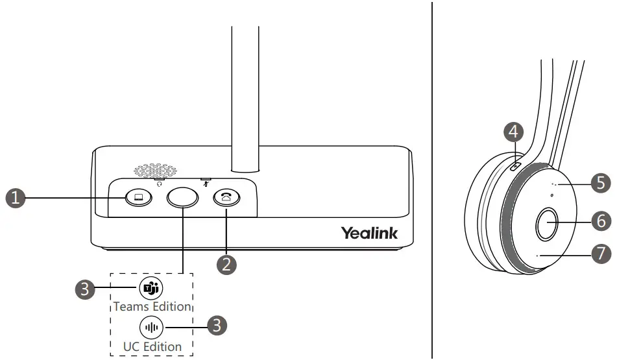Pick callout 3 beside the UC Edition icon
coord(219,326)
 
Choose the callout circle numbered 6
coord(601,221)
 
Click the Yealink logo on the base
coord(369,232)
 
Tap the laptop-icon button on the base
coord(137,198)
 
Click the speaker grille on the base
coord(156,171)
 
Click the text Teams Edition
coord(152,306)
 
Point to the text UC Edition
coord(152,346)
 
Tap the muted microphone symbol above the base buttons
coord(206,183)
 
